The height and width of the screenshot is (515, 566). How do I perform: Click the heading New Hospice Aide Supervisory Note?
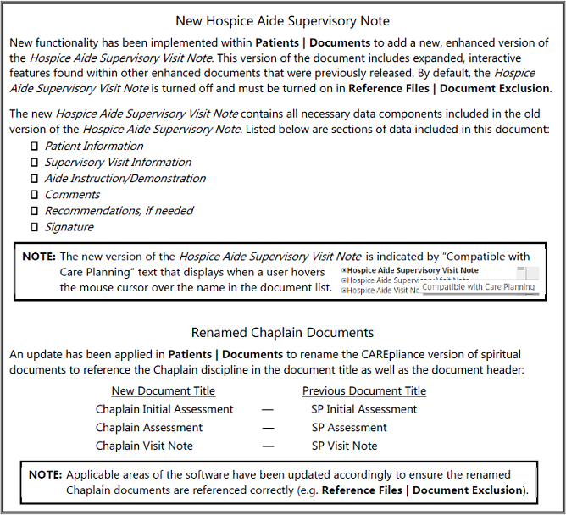tap(283, 20)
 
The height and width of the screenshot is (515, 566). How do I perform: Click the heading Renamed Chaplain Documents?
tap(283, 332)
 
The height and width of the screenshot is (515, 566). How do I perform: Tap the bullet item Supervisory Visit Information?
tap(118, 163)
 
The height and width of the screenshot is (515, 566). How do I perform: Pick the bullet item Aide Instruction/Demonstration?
tap(125, 179)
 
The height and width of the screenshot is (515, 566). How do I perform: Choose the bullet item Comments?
tap(72, 195)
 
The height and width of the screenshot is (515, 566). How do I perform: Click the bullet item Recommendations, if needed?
tap(119, 211)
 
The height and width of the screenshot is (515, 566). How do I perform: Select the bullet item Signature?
tap(69, 227)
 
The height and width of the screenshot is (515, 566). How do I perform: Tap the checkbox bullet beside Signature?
tap(35, 227)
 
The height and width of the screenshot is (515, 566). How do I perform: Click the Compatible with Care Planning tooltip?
tap(479, 287)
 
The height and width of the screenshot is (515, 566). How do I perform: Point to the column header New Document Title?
tap(164, 391)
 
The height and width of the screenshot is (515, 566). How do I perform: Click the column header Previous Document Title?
tap(364, 391)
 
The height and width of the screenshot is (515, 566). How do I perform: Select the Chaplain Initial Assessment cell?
tap(164, 409)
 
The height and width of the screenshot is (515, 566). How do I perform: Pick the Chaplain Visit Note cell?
tap(144, 446)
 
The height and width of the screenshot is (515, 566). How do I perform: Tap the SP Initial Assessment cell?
tap(363, 409)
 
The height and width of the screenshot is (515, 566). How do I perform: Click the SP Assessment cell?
tap(348, 428)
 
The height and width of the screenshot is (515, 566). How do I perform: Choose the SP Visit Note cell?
tap(344, 446)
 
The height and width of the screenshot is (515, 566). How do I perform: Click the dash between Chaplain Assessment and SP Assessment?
tap(267, 428)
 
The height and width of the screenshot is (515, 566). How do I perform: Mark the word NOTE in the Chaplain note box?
tap(45, 475)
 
